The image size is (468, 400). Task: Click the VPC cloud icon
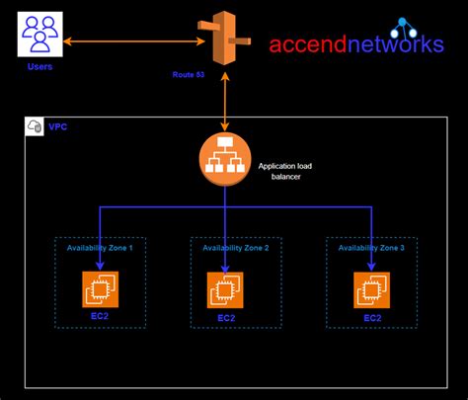[35, 126]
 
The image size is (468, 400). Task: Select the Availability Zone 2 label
[235, 249]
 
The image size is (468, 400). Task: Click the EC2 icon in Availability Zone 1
[99, 287]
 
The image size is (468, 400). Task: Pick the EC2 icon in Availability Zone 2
[226, 289]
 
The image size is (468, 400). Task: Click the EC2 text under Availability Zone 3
[372, 318]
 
